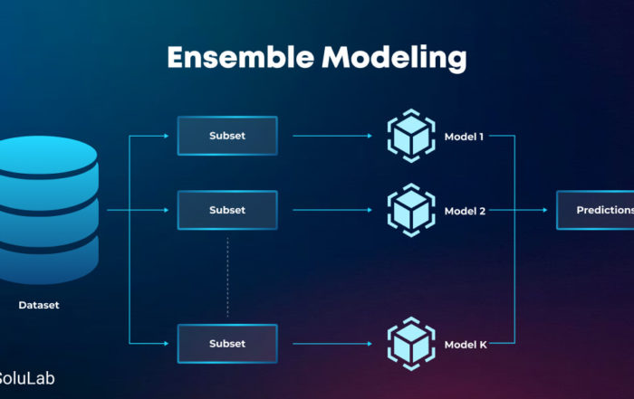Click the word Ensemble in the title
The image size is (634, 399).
point(241,57)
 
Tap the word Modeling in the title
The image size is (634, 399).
point(394,59)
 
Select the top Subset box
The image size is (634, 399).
point(227,136)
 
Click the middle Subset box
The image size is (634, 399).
point(227,210)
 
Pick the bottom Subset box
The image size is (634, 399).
point(227,344)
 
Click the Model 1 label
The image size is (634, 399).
point(464,137)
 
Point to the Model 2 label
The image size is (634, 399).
point(465,211)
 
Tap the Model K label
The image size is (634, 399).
point(466,345)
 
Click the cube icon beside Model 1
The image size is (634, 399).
point(411,136)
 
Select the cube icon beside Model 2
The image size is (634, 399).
point(411,210)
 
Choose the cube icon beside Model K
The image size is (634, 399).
point(411,344)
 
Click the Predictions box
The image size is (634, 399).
point(595,210)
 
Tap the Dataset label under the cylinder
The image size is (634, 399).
point(39,305)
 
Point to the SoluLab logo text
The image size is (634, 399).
point(26,378)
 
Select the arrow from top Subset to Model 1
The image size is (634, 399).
point(332,136)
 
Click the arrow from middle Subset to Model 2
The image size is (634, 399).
point(332,210)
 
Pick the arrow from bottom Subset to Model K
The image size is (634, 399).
point(332,344)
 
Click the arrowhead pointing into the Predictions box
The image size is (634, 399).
point(545,210)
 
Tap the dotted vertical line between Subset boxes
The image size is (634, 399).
point(227,277)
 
